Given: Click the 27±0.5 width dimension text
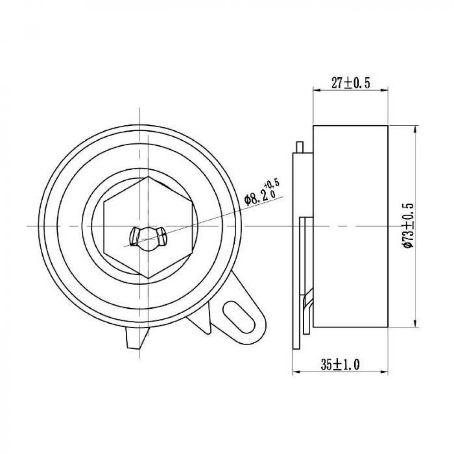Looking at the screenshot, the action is pyautogui.click(x=350, y=83).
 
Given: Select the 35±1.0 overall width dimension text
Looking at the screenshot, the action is pyautogui.click(x=340, y=364).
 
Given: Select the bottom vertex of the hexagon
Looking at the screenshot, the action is pyautogui.click(x=148, y=279).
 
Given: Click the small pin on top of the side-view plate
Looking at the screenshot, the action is pyautogui.click(x=299, y=147).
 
